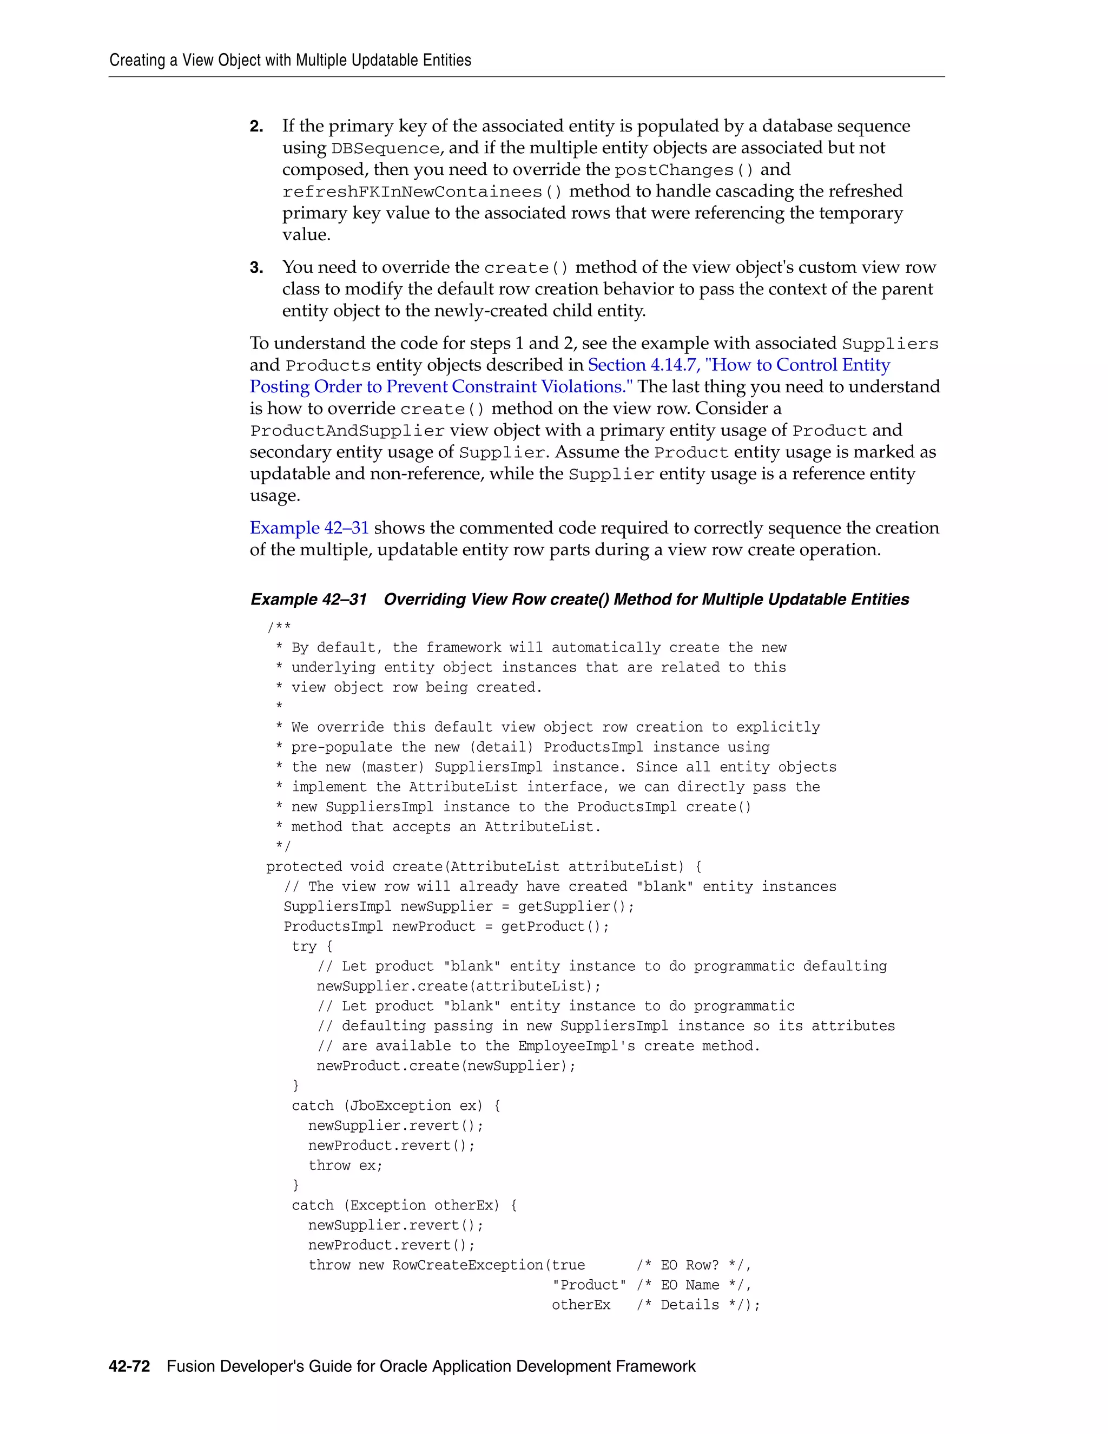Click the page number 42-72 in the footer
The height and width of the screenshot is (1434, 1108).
pyautogui.click(x=129, y=1366)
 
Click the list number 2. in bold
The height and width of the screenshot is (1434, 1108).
pyautogui.click(x=256, y=126)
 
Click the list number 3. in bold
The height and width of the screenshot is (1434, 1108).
pyautogui.click(x=256, y=267)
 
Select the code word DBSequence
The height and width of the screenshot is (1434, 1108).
pyautogui.click(x=385, y=148)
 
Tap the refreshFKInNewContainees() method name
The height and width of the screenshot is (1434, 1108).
pyautogui.click(x=422, y=192)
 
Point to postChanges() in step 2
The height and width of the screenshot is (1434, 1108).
pyautogui.click(x=684, y=170)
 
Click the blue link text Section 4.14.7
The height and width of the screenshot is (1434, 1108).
pyautogui.click(x=643, y=365)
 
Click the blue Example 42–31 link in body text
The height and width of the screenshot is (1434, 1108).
pyautogui.click(x=309, y=528)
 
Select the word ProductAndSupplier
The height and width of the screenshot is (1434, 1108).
pyautogui.click(x=347, y=431)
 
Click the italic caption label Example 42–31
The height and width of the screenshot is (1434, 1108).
pyautogui.click(x=308, y=600)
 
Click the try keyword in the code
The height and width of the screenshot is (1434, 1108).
pyautogui.click(x=304, y=946)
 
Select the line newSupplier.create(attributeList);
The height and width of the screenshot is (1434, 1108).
pyautogui.click(x=458, y=986)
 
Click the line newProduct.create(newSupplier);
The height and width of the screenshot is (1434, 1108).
pyautogui.click(x=446, y=1065)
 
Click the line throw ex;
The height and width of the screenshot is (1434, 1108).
pyautogui.click(x=345, y=1166)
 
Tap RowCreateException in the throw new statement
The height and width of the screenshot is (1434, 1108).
pyautogui.click(x=467, y=1265)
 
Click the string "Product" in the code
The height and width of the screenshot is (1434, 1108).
pyautogui.click(x=589, y=1285)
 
